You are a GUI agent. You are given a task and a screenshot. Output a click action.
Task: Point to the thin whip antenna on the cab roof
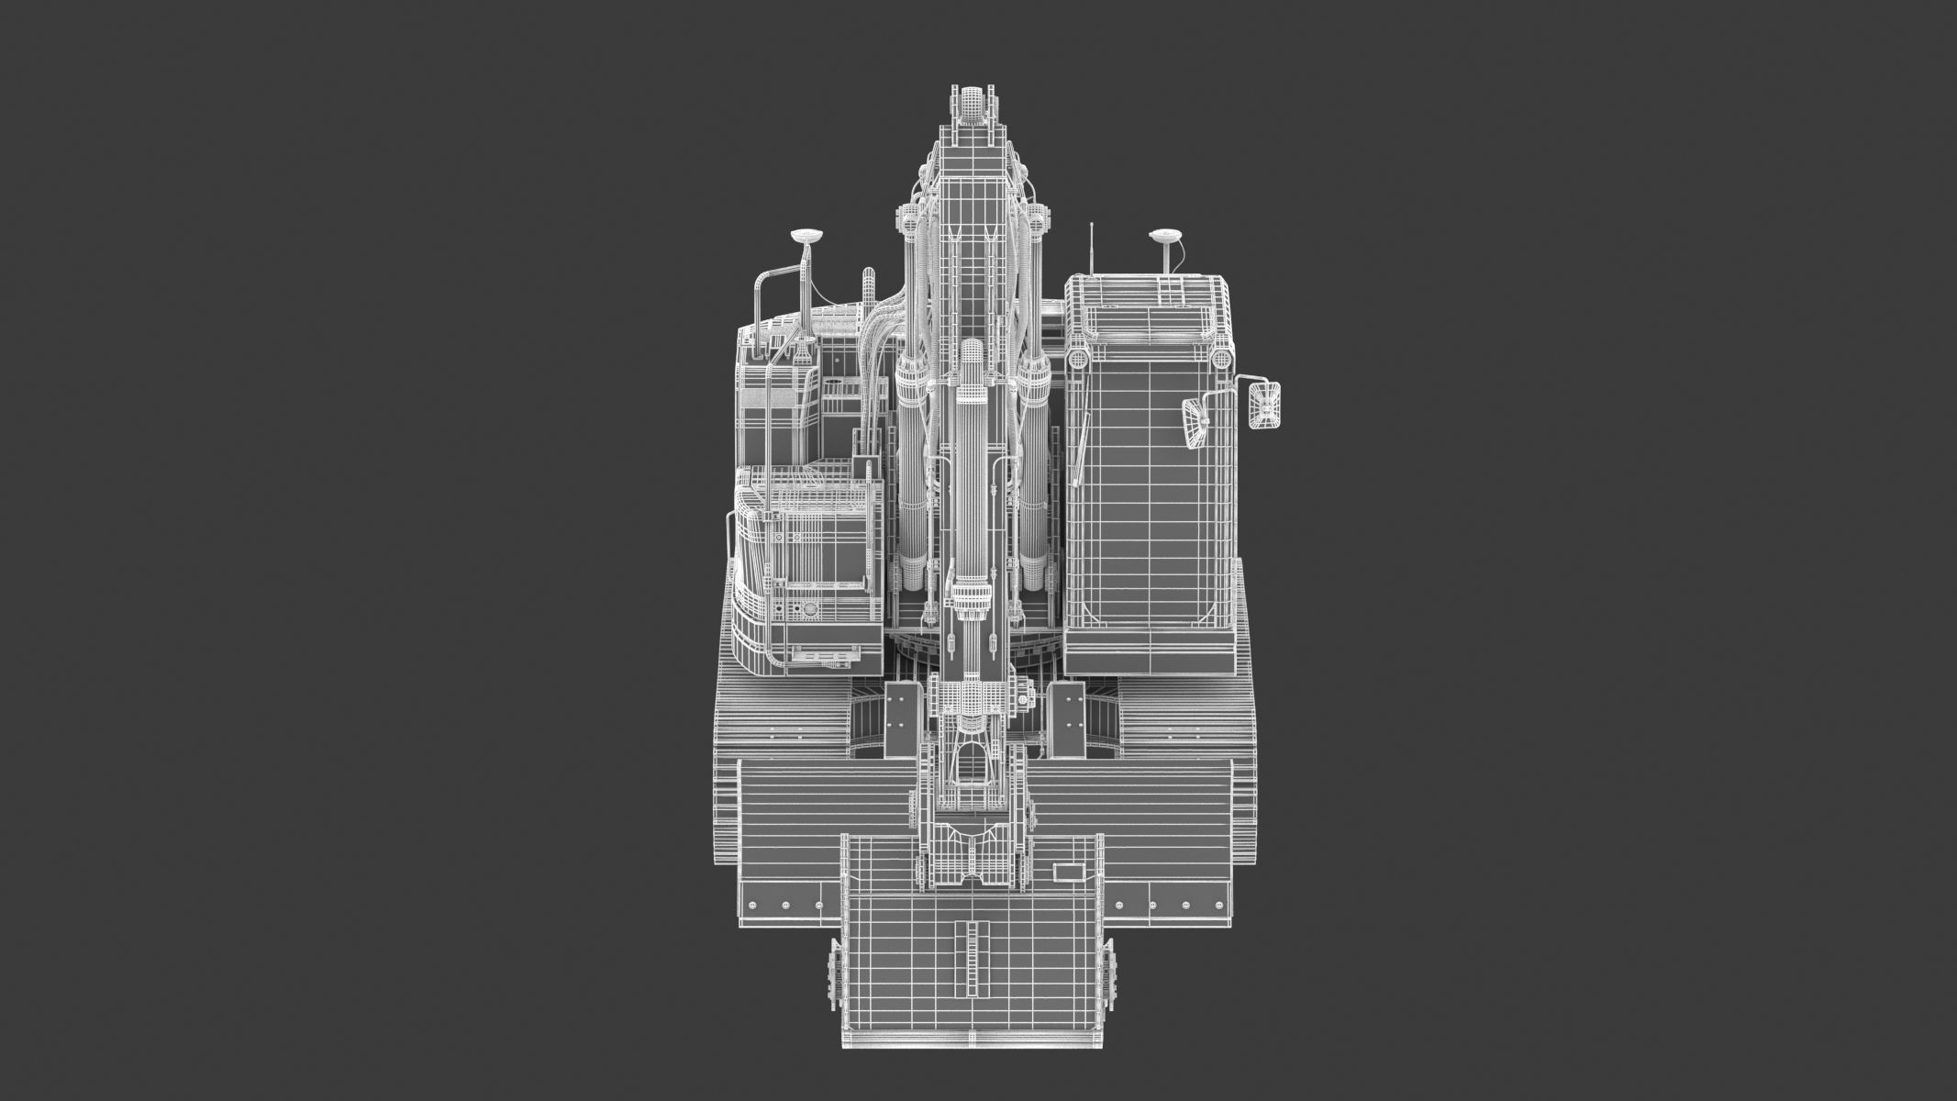coord(1092,248)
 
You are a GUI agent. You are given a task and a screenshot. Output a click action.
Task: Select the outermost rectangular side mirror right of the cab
coord(1263,405)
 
